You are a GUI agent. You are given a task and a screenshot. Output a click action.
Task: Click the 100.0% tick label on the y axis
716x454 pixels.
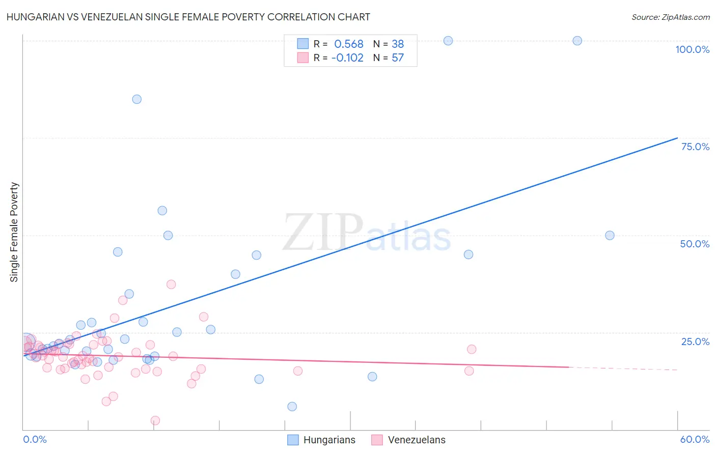coord(692,49)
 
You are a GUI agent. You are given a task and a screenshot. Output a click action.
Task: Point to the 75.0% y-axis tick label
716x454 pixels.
coord(695,147)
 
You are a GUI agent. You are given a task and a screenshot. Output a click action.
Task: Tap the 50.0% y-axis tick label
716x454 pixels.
coord(695,244)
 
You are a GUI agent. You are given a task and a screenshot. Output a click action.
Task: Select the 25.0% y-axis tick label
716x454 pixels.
coord(695,342)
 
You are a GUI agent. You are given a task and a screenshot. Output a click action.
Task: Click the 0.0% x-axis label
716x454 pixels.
coord(35,439)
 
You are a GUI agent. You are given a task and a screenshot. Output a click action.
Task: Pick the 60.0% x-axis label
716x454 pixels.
coord(694,439)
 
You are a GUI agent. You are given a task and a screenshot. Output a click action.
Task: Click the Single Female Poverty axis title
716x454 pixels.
coord(14,232)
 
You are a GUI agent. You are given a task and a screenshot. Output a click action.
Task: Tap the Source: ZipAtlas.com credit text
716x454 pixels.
coord(670,17)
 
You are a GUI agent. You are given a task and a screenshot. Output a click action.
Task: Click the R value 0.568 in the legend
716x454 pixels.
coord(349,44)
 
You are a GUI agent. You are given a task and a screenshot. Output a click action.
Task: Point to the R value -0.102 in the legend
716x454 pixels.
coord(347,58)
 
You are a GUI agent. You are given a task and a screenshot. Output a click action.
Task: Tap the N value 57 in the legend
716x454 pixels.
coord(398,58)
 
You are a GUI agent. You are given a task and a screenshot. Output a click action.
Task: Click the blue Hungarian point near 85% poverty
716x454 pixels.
coord(137,99)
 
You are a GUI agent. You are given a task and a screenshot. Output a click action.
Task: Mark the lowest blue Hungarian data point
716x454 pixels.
coord(292,407)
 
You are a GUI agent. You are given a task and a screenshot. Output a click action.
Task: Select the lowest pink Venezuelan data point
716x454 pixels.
coord(155,420)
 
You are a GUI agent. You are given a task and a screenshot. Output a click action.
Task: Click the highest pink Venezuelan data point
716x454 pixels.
coord(171,285)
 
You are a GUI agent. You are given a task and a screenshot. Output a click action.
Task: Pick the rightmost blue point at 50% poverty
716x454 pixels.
coord(610,236)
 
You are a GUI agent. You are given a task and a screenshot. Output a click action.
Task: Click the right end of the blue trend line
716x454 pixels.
coord(677,138)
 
